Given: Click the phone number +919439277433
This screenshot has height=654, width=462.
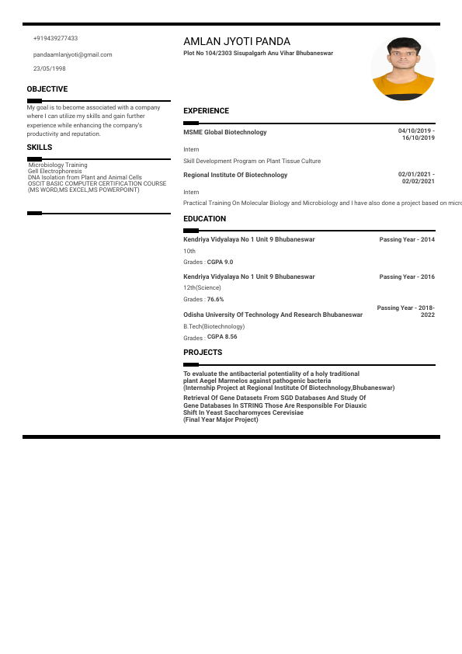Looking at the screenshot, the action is point(55,38).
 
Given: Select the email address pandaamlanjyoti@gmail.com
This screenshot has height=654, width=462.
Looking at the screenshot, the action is point(73,54).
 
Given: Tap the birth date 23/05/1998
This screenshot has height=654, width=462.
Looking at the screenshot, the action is point(49,68).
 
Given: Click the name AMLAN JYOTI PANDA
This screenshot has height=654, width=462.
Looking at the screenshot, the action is point(237,41).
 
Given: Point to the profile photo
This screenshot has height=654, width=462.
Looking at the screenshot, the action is point(403,68).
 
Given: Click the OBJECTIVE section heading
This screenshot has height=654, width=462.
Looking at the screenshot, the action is point(47,89).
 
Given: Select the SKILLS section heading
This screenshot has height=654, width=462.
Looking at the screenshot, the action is point(40,147).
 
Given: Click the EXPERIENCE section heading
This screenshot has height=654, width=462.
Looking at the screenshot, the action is point(206,111).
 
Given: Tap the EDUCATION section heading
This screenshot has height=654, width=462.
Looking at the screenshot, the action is point(205,219).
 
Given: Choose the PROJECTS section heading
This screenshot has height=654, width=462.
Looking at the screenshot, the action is point(203,353).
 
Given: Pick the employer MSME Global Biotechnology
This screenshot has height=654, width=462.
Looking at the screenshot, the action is point(224,132).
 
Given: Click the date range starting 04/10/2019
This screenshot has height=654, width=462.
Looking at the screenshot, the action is point(416,134).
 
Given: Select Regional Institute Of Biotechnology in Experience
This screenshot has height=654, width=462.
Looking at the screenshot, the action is point(235,175).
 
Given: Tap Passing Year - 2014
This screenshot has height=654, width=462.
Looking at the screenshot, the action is point(407,239).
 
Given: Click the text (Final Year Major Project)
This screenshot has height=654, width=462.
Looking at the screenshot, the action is point(221,419).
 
